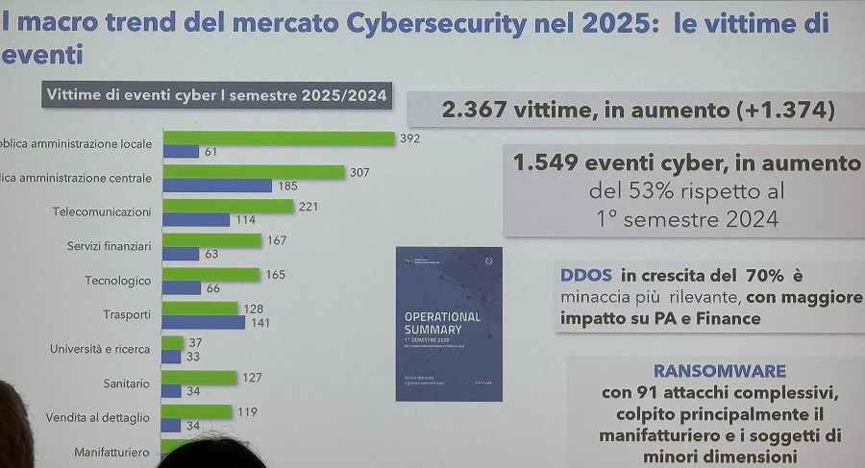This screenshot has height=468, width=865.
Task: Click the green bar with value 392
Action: pyautogui.click(x=279, y=138)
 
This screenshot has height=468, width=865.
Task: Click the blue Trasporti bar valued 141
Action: pyautogui.click(x=203, y=322)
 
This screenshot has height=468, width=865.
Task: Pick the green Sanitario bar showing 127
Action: pyautogui.click(x=199, y=377)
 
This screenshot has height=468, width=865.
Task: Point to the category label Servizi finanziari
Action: pyautogui.click(x=109, y=246)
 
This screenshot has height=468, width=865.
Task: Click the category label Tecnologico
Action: pyautogui.click(x=117, y=281)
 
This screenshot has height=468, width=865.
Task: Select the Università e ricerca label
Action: pyautogui.click(x=100, y=349)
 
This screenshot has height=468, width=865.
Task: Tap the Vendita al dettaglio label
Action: pyautogui.click(x=97, y=418)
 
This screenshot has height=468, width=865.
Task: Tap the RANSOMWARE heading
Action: pyautogui.click(x=719, y=371)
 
